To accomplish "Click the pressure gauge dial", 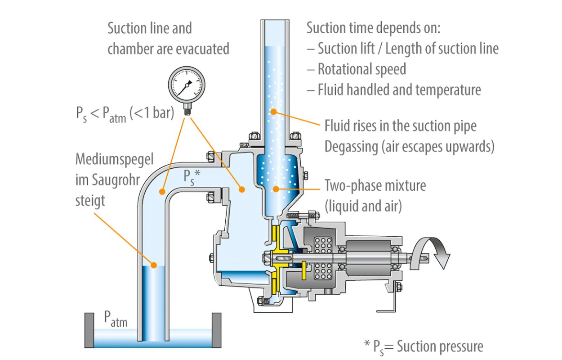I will pyautogui.click(x=186, y=84).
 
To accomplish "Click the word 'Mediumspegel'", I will pyautogui.click(x=115, y=159).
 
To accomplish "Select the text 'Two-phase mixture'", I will pyautogui.click(x=375, y=185).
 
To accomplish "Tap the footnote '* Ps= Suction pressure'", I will pyautogui.click(x=424, y=346).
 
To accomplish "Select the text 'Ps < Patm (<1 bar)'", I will pyautogui.click(x=125, y=113).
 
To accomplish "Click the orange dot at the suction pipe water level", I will pyautogui.click(x=154, y=265).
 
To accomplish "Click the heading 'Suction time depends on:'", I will pyautogui.click(x=373, y=28).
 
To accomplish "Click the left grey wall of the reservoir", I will pyautogui.click(x=89, y=330).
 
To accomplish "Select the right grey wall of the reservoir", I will pyautogui.click(x=217, y=330).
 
